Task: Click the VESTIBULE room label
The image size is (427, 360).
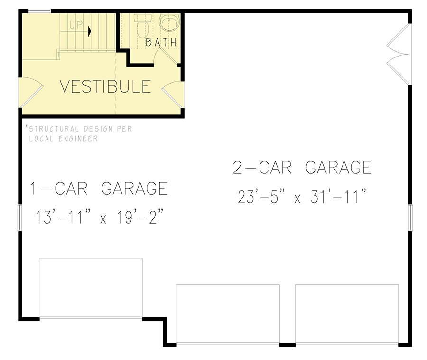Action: click(105, 87)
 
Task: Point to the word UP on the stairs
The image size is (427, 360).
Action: click(76, 25)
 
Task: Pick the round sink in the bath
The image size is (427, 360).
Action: click(168, 22)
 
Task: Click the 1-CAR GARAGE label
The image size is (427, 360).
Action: click(99, 189)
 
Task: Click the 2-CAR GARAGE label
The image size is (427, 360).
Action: click(302, 168)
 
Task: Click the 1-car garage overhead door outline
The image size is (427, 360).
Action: click(91, 288)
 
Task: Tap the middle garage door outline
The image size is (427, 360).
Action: click(228, 313)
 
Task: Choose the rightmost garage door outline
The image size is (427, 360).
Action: click(347, 313)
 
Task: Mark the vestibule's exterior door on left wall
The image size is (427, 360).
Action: click(29, 90)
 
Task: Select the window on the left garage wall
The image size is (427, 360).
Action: click(20, 218)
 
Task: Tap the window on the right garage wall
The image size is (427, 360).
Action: click(411, 218)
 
